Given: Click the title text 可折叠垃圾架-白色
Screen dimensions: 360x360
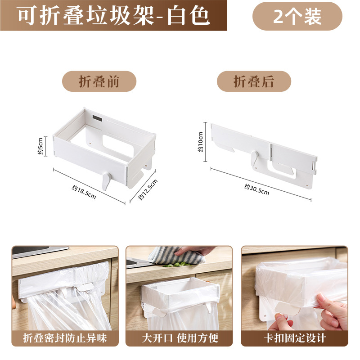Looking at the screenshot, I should click(x=113, y=16).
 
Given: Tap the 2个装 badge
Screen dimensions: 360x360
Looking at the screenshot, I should click(x=297, y=16).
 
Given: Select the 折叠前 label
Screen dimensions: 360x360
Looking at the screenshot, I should click(x=99, y=81).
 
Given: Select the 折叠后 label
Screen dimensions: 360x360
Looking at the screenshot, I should click(x=254, y=81).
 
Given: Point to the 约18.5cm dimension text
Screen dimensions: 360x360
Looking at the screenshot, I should click(x=84, y=192).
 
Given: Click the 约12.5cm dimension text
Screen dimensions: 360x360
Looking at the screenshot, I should click(x=148, y=190).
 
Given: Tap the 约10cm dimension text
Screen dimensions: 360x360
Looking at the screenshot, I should click(x=201, y=142).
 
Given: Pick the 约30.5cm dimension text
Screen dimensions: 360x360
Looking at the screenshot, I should click(x=256, y=189).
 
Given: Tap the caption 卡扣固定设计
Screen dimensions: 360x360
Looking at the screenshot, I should click(x=294, y=337).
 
